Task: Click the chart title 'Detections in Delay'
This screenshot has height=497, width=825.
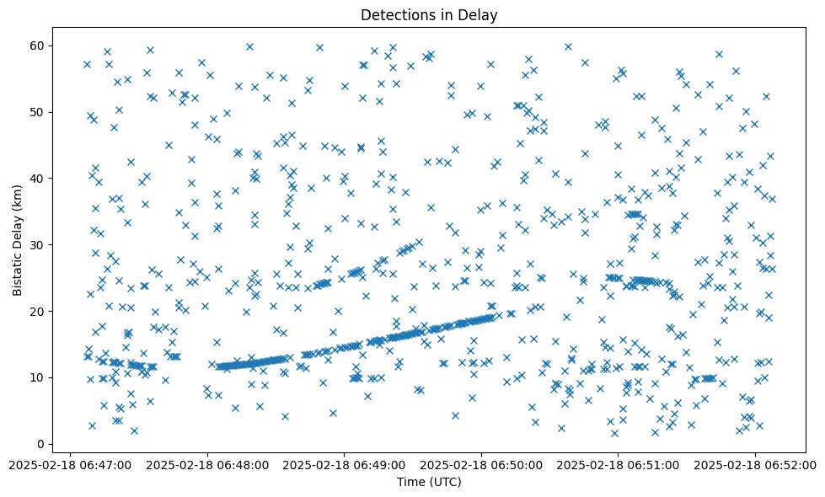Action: pyautogui.click(x=429, y=14)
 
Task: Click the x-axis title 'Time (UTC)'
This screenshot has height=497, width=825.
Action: pyautogui.click(x=429, y=482)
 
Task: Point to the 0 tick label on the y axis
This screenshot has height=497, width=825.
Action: pyautogui.click(x=41, y=444)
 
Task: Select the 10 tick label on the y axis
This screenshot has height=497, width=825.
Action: pyautogui.click(x=38, y=377)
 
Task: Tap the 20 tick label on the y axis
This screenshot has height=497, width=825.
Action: pyautogui.click(x=38, y=311)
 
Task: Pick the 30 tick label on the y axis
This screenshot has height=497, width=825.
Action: pyautogui.click(x=38, y=245)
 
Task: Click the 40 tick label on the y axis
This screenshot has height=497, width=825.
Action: pyautogui.click(x=38, y=179)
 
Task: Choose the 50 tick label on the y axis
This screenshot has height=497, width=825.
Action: pyautogui.click(x=38, y=112)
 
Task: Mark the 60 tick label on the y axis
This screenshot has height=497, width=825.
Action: pyautogui.click(x=38, y=45)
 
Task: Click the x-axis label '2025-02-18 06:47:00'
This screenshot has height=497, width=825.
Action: pyautogui.click(x=71, y=464)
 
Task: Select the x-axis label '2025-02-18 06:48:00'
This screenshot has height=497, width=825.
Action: pyautogui.click(x=207, y=464)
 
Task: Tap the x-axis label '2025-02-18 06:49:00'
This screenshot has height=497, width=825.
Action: pyautogui.click(x=344, y=464)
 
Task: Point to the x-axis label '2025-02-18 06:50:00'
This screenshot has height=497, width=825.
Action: pyautogui.click(x=481, y=464)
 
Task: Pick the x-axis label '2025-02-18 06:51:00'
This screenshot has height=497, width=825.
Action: pyautogui.click(x=618, y=464)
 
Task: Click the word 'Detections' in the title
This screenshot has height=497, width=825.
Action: pyautogui.click(x=394, y=14)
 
